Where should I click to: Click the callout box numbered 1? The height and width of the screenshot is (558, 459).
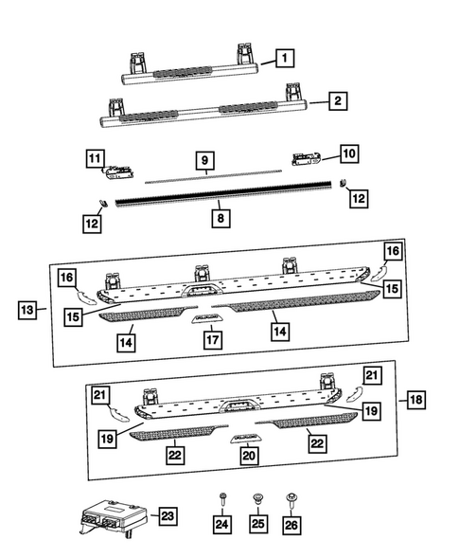coord(283,59)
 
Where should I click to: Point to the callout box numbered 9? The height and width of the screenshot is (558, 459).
coord(203,160)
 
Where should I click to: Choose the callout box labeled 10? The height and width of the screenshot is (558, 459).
coord(349,152)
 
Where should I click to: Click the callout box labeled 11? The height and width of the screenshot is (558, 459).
coord(96,158)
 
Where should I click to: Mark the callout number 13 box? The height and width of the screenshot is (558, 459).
coord(29,311)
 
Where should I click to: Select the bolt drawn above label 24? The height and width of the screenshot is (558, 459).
coord(221,497)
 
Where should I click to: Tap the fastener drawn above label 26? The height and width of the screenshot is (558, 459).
coord(291,497)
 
